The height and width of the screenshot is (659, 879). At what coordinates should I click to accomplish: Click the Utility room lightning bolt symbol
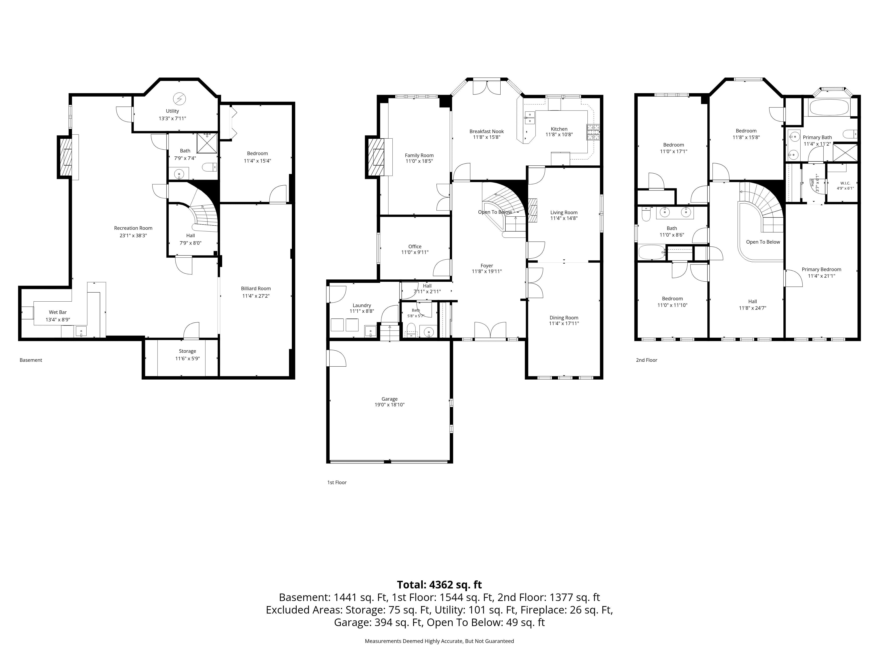[x=179, y=98]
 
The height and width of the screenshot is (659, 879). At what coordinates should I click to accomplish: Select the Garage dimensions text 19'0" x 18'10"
[x=389, y=405]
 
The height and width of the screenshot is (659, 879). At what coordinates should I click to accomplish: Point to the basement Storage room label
[x=187, y=351]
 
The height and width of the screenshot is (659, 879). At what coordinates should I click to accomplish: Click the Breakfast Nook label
[x=486, y=132]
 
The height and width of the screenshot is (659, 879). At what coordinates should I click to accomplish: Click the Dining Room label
[x=564, y=318]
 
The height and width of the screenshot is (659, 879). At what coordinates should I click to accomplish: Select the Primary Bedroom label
[x=821, y=269]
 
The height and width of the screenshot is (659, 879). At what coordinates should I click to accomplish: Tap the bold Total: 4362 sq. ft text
[x=439, y=585]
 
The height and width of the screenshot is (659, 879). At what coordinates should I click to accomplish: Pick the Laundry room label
[x=362, y=306]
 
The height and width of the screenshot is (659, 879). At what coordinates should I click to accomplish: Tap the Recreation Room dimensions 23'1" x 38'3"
[x=133, y=235]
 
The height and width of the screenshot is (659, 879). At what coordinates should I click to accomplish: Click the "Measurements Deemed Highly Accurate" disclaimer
[x=439, y=641]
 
